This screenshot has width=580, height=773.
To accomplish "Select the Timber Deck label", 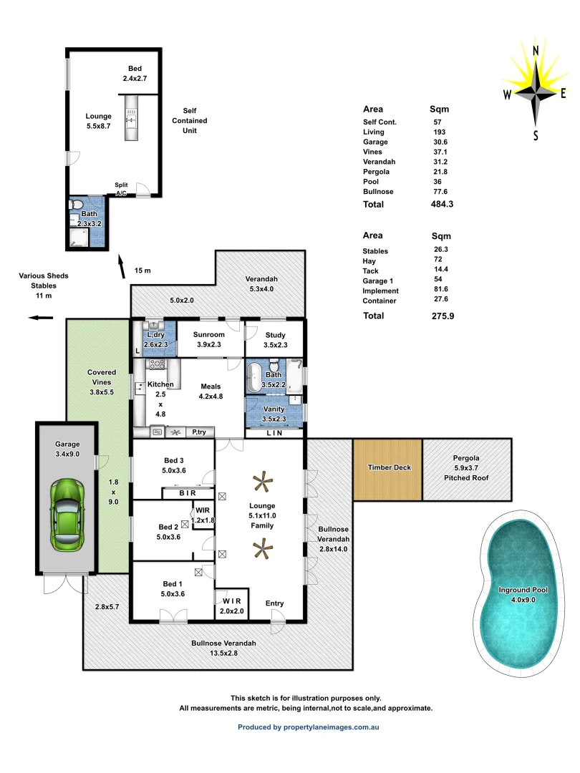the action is (389, 467).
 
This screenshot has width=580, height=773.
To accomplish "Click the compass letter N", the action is (536, 51).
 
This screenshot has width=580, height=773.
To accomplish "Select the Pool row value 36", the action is (438, 181).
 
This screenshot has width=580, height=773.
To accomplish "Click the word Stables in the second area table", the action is (375, 251).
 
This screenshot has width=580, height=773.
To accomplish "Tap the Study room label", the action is (274, 334).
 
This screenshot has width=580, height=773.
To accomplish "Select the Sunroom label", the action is (211, 334).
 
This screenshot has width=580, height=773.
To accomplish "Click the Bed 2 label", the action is (168, 528).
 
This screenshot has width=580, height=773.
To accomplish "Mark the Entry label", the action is (275, 603).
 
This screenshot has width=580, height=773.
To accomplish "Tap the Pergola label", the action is (465, 458).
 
